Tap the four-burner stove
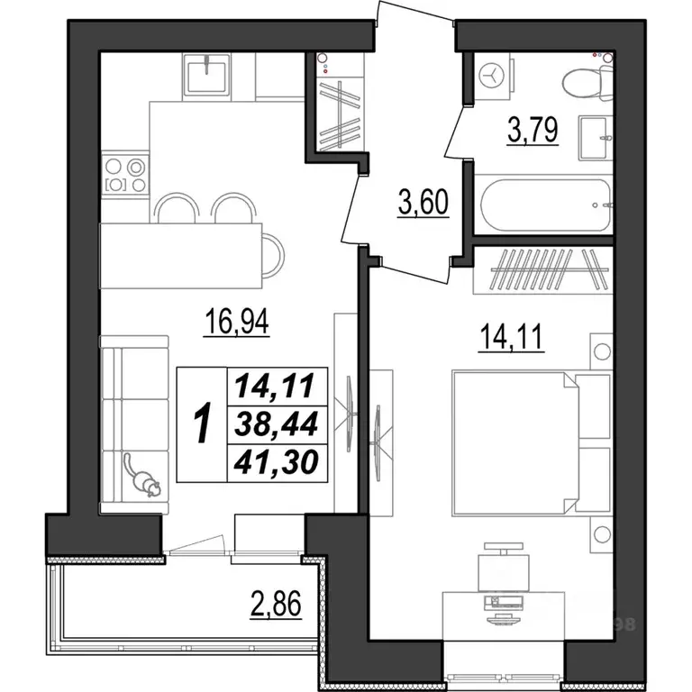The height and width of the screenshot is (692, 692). pos(124,175)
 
